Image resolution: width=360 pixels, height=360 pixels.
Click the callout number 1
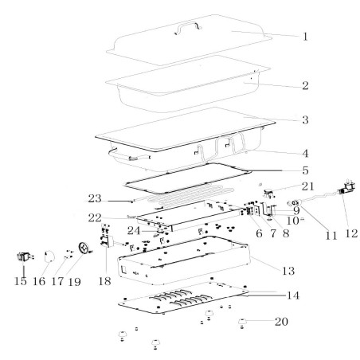click(x=305, y=37)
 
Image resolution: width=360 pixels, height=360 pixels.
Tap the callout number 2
click(x=305, y=85)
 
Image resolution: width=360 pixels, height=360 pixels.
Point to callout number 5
click(x=306, y=170)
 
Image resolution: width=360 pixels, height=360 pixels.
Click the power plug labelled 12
click(x=347, y=188)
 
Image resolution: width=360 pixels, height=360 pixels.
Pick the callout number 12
click(x=351, y=233)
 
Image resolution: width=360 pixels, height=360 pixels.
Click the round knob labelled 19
click(x=84, y=248)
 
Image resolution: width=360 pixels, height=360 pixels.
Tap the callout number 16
click(x=39, y=281)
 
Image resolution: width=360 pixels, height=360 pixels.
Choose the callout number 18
click(x=104, y=281)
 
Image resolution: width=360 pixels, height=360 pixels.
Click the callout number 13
click(x=288, y=271)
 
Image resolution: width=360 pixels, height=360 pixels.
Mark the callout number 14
click(x=293, y=295)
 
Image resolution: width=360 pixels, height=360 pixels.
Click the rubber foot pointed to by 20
click(x=241, y=323)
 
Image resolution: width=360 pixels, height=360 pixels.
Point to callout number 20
click(x=281, y=322)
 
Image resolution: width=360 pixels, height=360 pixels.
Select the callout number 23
click(x=95, y=198)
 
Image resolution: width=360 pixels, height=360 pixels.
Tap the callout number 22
click(x=95, y=218)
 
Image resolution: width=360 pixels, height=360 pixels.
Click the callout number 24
click(x=134, y=231)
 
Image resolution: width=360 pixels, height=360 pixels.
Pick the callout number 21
click(x=308, y=186)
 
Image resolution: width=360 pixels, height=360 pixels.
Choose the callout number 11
click(x=331, y=236)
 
